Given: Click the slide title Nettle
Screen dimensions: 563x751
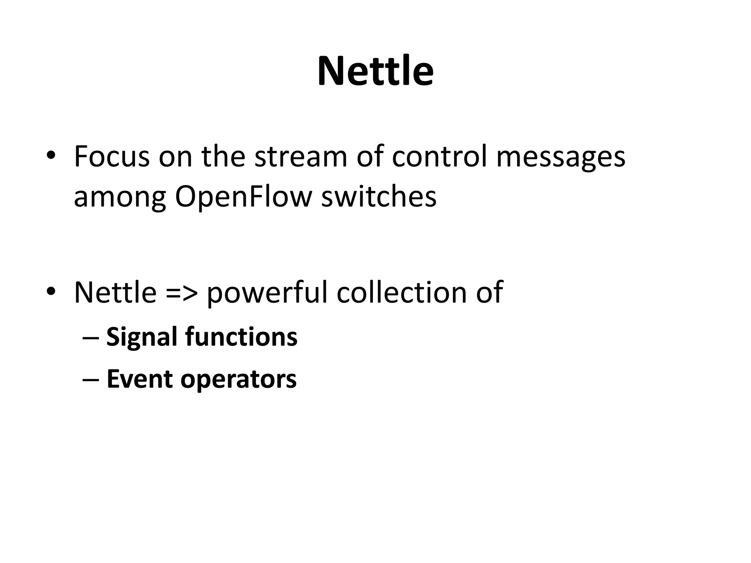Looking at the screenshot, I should tap(375, 71).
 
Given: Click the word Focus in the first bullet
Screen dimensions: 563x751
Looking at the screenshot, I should tap(112, 157).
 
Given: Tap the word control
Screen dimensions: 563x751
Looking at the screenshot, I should tap(439, 157).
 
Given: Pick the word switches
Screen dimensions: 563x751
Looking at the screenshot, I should tap(379, 197).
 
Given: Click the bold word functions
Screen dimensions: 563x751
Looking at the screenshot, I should tap(241, 336).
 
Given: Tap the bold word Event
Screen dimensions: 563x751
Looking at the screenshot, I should tap(139, 379).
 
